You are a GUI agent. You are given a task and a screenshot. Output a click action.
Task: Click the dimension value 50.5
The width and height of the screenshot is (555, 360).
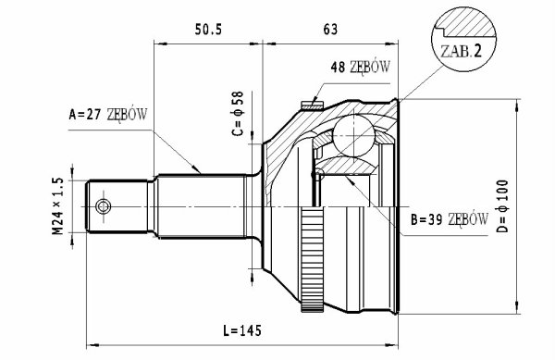tap(208, 31)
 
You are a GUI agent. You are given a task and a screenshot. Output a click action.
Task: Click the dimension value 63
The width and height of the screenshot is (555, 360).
tap(330, 30)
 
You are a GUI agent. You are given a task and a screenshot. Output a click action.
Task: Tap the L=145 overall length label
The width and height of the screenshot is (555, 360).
tap(242, 330)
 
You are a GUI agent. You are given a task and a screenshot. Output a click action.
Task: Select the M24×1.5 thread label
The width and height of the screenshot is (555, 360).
tap(57, 206)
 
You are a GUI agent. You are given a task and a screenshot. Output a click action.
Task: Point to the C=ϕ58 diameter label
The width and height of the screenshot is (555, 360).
tap(238, 114)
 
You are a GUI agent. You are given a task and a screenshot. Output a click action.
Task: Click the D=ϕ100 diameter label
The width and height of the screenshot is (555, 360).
tap(502, 206)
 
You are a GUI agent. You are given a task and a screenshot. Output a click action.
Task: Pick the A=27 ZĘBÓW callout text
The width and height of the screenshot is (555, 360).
tap(108, 115)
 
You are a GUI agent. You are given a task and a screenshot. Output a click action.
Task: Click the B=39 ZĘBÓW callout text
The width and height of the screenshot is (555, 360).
tap(450, 220)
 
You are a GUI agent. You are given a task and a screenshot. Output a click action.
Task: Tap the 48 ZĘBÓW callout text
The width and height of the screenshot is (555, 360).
tap(361, 67)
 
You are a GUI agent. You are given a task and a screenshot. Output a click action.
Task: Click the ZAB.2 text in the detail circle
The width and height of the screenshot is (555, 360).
tap(461, 52)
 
